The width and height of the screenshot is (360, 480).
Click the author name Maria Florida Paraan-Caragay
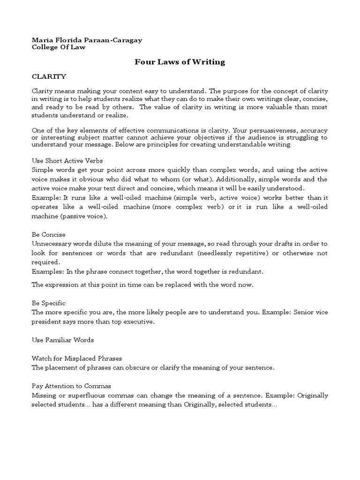[x=86, y=40]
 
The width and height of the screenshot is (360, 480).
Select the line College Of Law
[x=59, y=47]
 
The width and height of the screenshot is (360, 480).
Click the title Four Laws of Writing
[x=180, y=61]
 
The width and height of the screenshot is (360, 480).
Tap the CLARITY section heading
[x=49, y=76]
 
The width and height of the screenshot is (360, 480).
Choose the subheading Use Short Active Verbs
[x=67, y=160]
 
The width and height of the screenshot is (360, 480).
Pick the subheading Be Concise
[x=48, y=234]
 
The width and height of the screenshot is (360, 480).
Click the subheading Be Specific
[x=48, y=303]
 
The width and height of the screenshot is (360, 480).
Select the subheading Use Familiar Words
[x=63, y=339]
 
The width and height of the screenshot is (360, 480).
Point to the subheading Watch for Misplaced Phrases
[x=77, y=359]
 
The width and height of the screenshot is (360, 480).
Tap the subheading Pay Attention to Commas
[x=71, y=386]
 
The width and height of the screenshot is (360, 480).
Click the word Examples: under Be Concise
[x=47, y=271]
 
